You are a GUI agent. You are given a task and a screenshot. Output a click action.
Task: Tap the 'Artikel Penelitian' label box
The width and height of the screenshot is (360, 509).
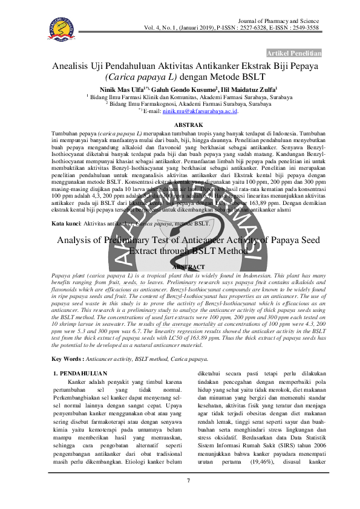tap(294, 53)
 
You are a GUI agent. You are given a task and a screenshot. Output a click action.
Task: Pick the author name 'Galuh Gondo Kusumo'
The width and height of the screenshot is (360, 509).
tap(179, 89)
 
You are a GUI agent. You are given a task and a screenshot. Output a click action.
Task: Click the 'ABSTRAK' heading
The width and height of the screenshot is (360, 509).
tap(180, 124)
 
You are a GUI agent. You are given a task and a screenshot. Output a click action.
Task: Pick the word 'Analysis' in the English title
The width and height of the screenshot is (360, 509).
tap(77, 240)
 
